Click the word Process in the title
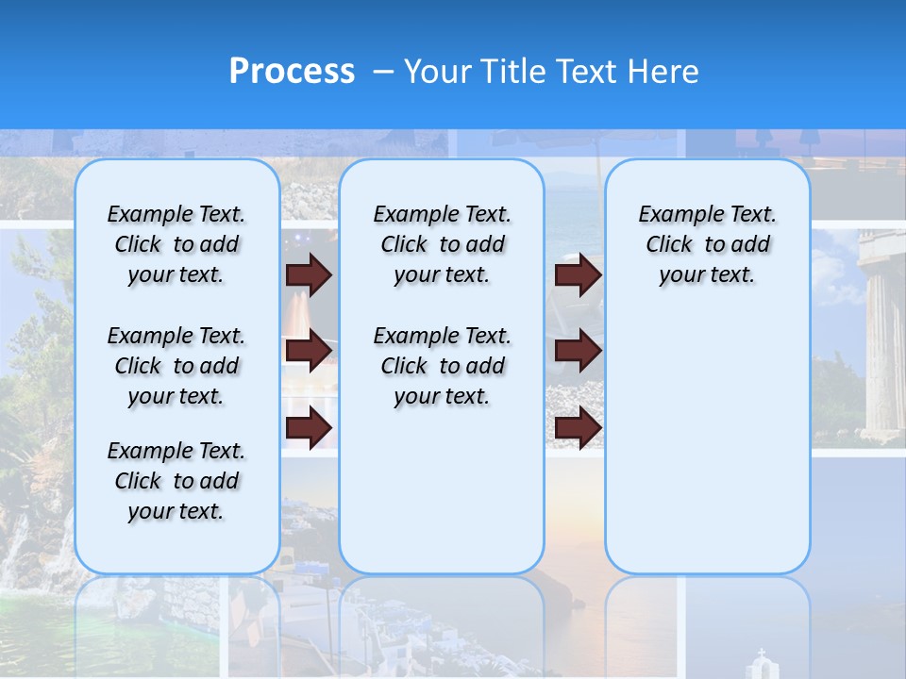point(292,72)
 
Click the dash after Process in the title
point(382,73)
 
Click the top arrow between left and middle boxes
point(309,274)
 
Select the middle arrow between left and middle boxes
point(309,351)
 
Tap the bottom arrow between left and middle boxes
point(309,427)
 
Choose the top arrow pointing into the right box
point(579,274)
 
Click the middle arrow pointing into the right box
point(579,351)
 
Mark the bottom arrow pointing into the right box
point(579,427)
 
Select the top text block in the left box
point(176,244)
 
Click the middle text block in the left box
point(176,366)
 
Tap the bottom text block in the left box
point(176,481)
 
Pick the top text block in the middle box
point(442,244)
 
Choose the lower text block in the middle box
point(442,366)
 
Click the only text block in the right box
point(707,244)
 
